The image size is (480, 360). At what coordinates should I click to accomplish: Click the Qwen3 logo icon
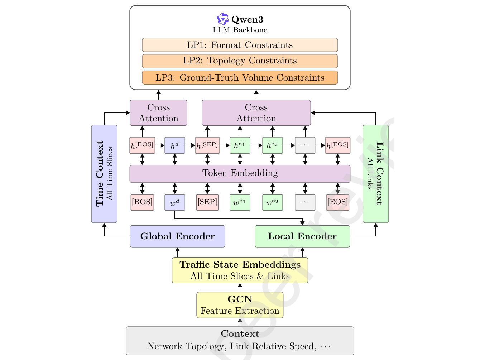[x=222, y=19]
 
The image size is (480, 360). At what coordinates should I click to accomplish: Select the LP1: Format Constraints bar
[x=240, y=45]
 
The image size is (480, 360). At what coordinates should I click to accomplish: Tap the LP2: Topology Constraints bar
[x=240, y=61]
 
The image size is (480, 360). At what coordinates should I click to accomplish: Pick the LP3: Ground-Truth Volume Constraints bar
[x=240, y=77]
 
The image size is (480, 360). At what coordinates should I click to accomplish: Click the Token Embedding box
[x=240, y=173]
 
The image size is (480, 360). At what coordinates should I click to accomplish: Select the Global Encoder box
[x=177, y=236]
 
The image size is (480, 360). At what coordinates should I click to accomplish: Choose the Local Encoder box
[x=302, y=236]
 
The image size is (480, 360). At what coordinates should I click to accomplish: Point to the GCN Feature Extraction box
[x=240, y=305]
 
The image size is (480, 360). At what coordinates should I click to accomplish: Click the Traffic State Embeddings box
[x=240, y=270]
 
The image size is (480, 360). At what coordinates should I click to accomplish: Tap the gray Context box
[x=240, y=341]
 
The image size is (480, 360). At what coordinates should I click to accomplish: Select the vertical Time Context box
[x=104, y=174]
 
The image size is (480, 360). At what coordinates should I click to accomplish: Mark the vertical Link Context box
[x=375, y=174]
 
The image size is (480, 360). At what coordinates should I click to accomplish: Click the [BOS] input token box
[x=142, y=202]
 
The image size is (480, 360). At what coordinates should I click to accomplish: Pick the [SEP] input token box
[x=207, y=202]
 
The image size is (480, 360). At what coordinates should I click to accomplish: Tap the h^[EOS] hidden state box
[x=337, y=145]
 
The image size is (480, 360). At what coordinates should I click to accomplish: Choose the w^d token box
[x=175, y=202]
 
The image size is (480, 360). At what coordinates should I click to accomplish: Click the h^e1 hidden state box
[x=240, y=145]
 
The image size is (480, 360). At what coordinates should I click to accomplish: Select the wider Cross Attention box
[x=256, y=113]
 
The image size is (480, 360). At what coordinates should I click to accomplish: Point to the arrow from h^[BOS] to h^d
[x=160, y=145]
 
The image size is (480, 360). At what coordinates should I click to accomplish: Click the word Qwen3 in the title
[x=247, y=19]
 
